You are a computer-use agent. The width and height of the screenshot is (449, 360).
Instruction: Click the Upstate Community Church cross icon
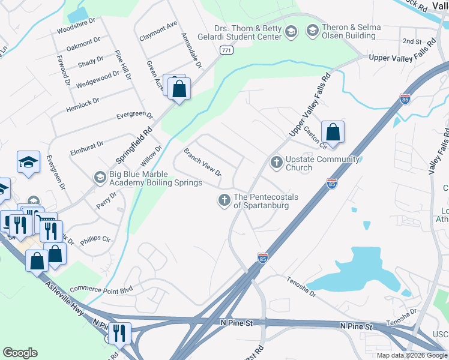click(276, 162)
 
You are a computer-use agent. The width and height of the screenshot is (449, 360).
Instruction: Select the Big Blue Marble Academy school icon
click(100, 177)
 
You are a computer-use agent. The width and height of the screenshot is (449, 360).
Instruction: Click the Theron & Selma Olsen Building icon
click(312, 30)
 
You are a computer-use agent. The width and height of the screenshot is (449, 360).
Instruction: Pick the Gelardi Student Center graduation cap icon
click(291, 32)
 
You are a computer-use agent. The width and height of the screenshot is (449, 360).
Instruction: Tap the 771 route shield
click(226, 50)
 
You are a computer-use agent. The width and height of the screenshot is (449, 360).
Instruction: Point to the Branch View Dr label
click(202, 162)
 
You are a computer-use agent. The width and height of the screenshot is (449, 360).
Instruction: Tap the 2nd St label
click(412, 41)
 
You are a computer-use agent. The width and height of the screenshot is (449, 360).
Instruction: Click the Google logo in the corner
click(20, 353)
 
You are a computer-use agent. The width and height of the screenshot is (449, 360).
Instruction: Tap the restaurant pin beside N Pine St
click(119, 333)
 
